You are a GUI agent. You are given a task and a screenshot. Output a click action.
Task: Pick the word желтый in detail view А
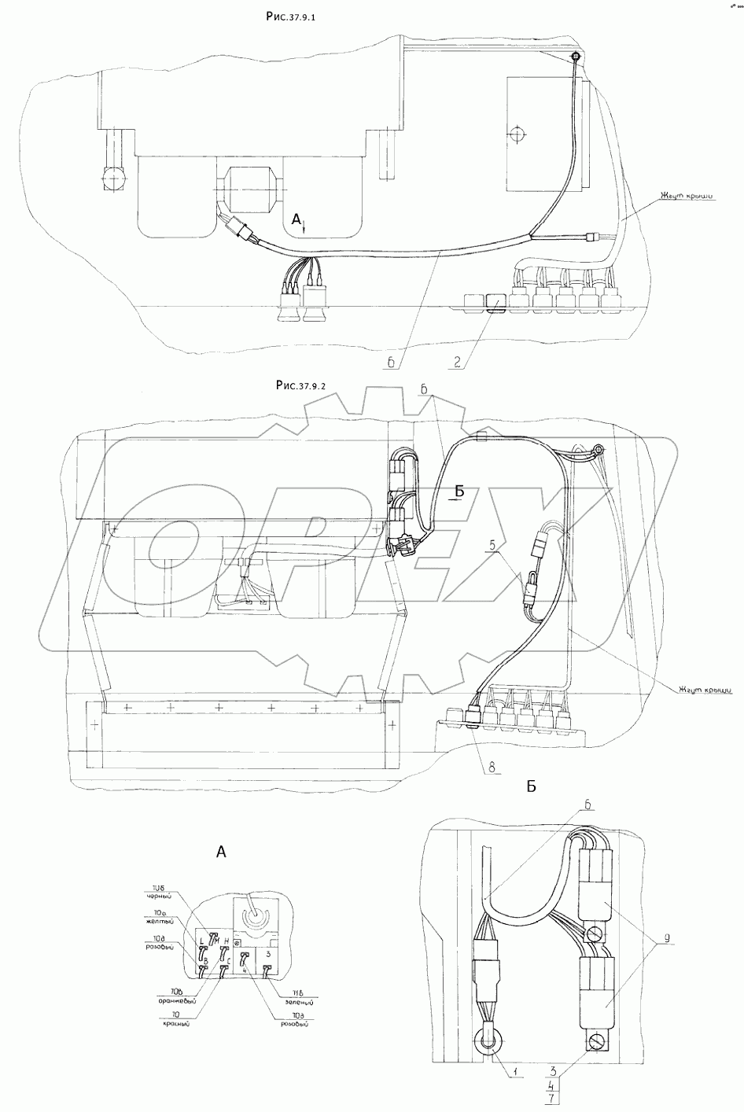(158, 920)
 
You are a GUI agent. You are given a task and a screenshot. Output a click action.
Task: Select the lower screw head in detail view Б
(596, 1042)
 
